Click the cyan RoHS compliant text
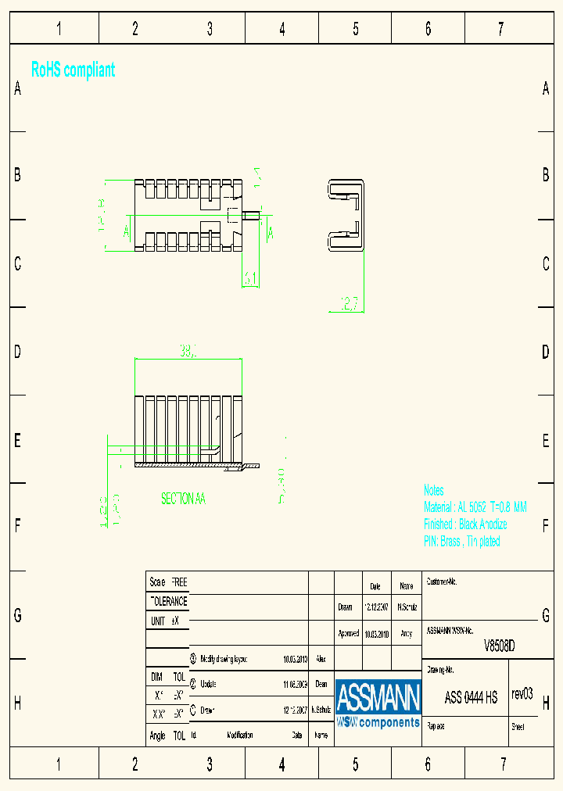click(73, 70)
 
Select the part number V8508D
click(500, 646)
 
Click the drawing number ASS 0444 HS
click(471, 697)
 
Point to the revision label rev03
click(522, 693)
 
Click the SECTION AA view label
click(183, 498)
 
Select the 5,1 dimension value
click(250, 277)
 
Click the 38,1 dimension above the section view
click(188, 353)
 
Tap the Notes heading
click(433, 490)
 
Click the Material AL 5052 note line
click(475, 507)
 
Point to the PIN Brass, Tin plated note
click(461, 542)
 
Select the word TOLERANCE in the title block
click(168, 601)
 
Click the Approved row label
click(348, 633)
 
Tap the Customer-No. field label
click(442, 582)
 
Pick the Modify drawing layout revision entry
click(224, 659)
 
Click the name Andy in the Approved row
click(406, 633)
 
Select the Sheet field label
click(518, 727)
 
